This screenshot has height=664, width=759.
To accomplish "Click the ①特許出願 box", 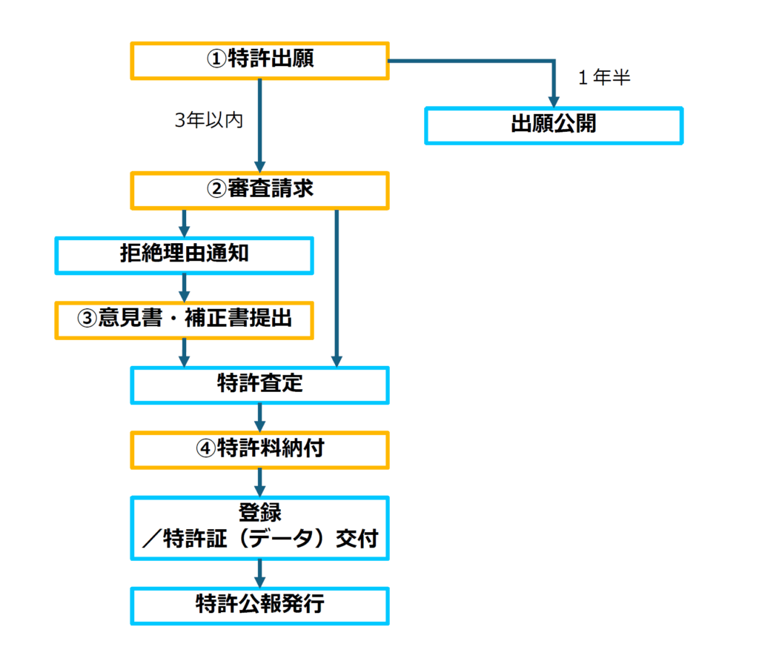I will pyautogui.click(x=259, y=61).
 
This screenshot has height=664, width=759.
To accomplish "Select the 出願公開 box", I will pyautogui.click(x=553, y=125).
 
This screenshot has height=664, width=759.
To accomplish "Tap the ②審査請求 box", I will pyautogui.click(x=259, y=190).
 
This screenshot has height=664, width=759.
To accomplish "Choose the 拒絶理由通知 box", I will pyautogui.click(x=184, y=255).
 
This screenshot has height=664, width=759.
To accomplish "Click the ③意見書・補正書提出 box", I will pyautogui.click(x=184, y=319).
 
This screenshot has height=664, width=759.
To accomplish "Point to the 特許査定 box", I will pyautogui.click(x=259, y=385).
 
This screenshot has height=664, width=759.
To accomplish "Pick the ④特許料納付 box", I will pyautogui.click(x=259, y=449).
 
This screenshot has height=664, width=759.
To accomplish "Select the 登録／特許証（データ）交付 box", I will pyautogui.click(x=259, y=528).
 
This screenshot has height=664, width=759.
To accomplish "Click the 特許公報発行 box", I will pyautogui.click(x=259, y=605).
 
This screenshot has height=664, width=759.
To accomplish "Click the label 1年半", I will pyautogui.click(x=604, y=78).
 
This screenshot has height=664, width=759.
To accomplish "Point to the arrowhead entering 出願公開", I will pyautogui.click(x=553, y=102).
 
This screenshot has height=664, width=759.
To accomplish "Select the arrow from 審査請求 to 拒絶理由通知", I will pyautogui.click(x=184, y=223).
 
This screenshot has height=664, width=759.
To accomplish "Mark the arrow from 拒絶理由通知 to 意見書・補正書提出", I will pyautogui.click(x=184, y=288).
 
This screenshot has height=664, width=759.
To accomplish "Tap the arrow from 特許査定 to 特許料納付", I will pyautogui.click(x=259, y=417).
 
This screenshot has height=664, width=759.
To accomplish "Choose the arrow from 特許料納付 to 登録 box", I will pyautogui.click(x=259, y=482).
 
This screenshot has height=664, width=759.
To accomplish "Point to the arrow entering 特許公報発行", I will pyautogui.click(x=259, y=573).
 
